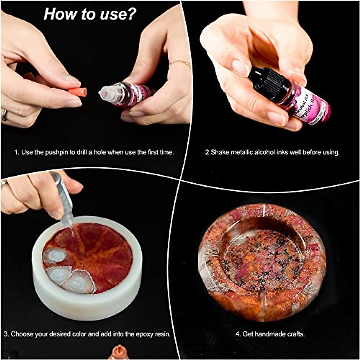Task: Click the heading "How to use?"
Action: (90, 14)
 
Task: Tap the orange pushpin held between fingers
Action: (77, 92)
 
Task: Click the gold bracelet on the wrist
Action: (180, 63)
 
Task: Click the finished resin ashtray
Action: (262, 261)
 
